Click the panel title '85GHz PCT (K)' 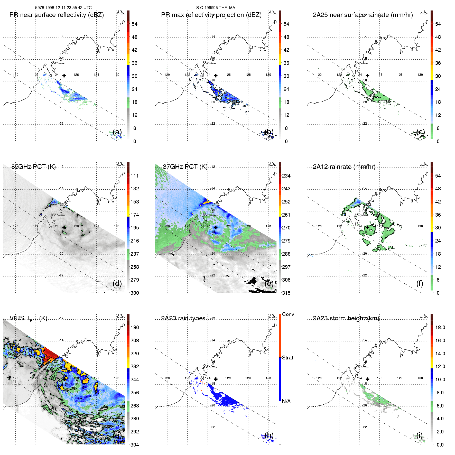click(x=33, y=167)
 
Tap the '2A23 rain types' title click(x=183, y=318)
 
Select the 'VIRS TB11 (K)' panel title click(x=28, y=319)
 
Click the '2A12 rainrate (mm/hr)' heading click(x=344, y=167)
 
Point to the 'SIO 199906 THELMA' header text click(x=216, y=8)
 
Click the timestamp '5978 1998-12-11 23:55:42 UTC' click(x=63, y=8)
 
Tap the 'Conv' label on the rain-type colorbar click(x=288, y=314)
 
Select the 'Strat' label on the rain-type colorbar click(x=287, y=358)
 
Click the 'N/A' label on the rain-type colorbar click(x=286, y=401)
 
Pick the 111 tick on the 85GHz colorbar click(x=135, y=176)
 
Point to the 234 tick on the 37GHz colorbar click(x=286, y=176)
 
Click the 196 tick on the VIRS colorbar click(x=135, y=327)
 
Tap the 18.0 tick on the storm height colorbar click(x=440, y=327)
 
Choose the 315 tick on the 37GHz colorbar click(x=286, y=293)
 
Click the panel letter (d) click(x=117, y=283)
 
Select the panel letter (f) click(x=420, y=283)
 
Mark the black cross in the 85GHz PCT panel click(x=64, y=227)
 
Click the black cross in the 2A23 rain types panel click(x=216, y=379)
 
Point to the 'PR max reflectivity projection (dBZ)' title click(x=211, y=15)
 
